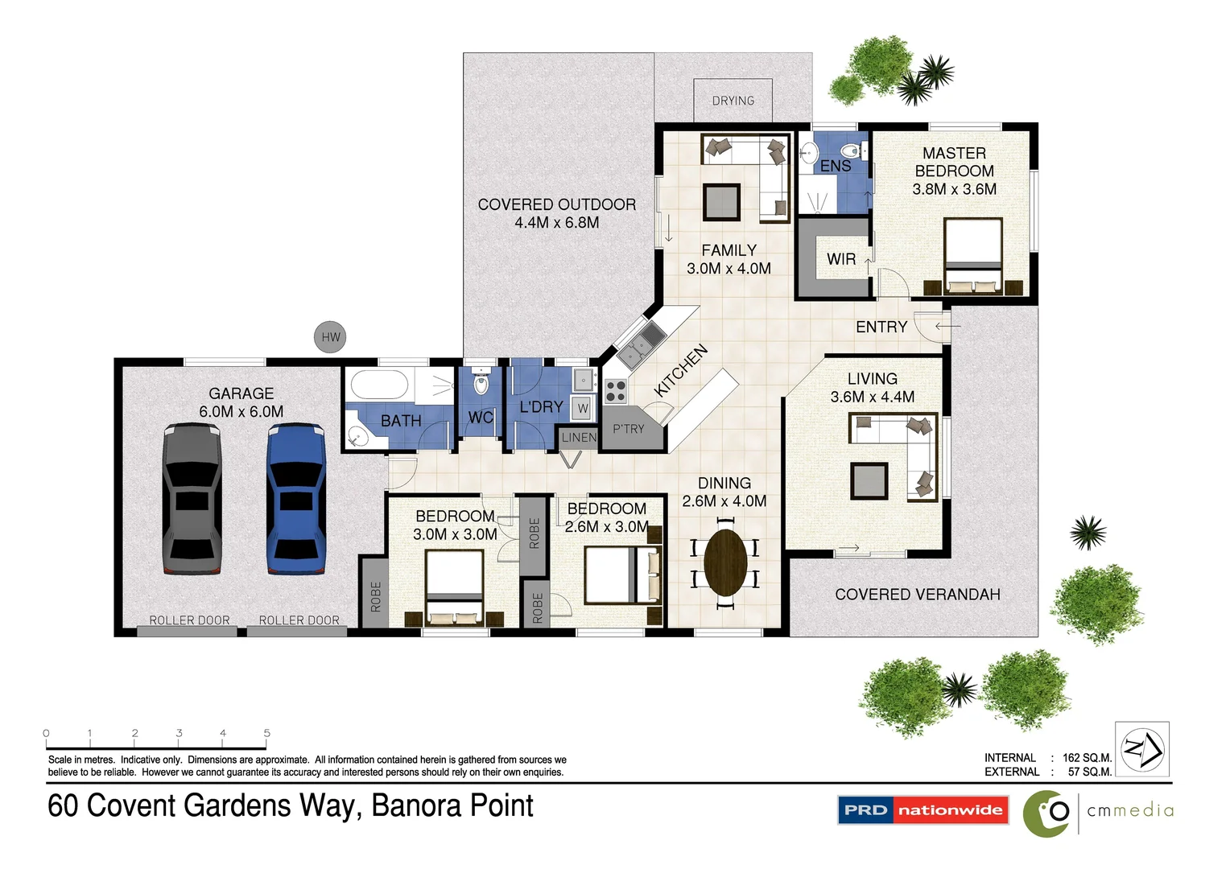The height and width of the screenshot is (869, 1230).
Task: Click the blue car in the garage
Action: [x=296, y=499]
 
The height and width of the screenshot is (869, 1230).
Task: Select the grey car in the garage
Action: [x=192, y=499]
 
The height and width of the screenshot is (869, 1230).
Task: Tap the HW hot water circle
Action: [x=330, y=337]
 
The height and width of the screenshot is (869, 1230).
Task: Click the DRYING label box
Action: [x=733, y=101]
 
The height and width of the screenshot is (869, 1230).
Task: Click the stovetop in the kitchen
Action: [x=616, y=391]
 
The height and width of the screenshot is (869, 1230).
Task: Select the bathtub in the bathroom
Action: [x=378, y=385]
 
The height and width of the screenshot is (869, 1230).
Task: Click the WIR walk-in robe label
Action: [x=841, y=259]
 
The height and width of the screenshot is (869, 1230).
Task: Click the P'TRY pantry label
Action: [x=628, y=429]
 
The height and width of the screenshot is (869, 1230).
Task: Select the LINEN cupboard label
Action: [x=579, y=438]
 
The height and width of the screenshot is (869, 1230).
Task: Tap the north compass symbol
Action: [x=1142, y=748]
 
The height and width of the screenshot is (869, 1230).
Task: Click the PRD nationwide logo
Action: [x=923, y=810]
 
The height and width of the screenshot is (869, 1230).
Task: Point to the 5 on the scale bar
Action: [x=266, y=733]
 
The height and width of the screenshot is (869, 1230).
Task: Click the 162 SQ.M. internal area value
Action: [x=1087, y=758]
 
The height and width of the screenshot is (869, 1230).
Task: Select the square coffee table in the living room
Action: [x=869, y=481]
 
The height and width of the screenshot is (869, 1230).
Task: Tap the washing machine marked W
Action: [x=583, y=409]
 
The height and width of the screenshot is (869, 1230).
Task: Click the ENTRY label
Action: [x=881, y=327]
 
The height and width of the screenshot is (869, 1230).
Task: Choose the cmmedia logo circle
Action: [x=1046, y=813]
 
